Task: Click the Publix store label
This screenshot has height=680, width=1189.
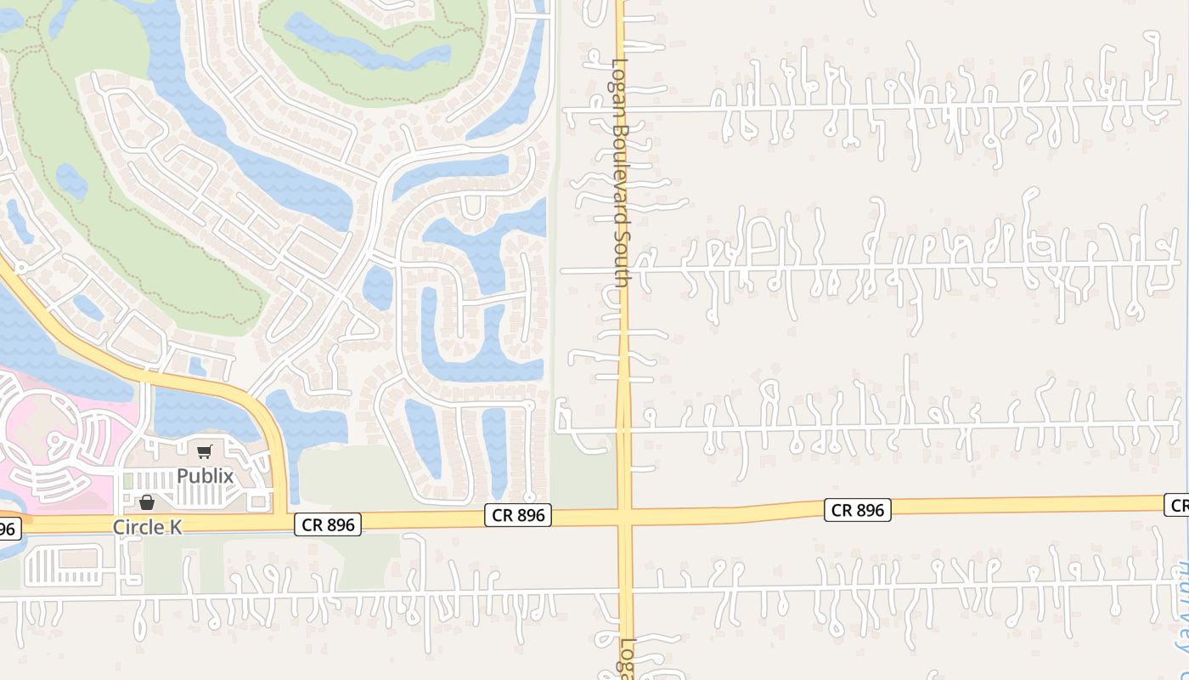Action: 205,476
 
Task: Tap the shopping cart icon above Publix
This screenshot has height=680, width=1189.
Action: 204,452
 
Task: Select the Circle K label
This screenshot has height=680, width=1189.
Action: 148,527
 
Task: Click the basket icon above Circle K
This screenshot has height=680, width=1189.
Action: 147,502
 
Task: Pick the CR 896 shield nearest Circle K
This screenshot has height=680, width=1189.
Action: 328,524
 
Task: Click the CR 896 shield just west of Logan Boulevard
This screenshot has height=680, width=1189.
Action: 518,514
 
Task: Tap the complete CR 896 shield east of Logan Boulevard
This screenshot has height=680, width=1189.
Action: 857,510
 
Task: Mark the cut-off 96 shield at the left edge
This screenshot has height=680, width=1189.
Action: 7,529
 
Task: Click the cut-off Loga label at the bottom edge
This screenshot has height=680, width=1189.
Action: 627,659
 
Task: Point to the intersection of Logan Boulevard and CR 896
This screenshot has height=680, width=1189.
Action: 624,515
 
